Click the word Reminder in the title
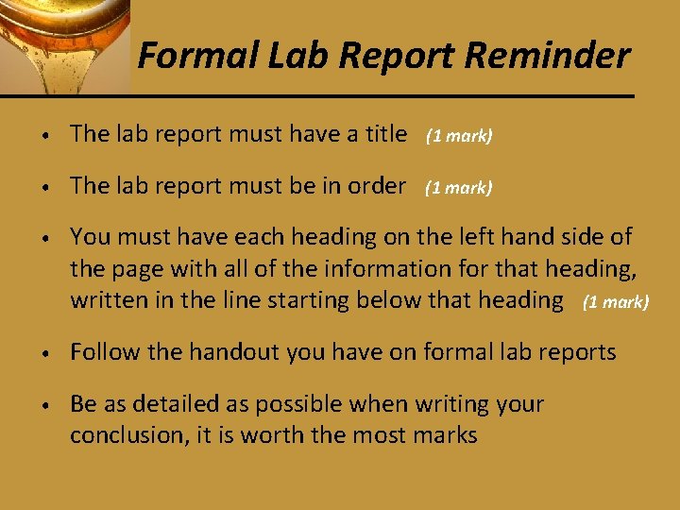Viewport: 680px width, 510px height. click(x=547, y=56)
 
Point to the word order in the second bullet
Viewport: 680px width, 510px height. click(x=377, y=186)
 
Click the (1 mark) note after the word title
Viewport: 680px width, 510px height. click(x=459, y=136)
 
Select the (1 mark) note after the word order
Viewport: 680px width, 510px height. click(x=459, y=188)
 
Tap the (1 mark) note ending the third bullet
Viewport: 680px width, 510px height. click(x=616, y=303)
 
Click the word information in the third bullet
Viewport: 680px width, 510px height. click(x=386, y=269)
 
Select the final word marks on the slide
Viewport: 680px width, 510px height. click(x=446, y=435)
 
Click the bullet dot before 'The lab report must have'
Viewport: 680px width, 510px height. click(x=46, y=136)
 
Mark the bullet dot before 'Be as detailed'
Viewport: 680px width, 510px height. click(x=46, y=406)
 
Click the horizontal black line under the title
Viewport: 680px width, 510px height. click(x=378, y=95)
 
